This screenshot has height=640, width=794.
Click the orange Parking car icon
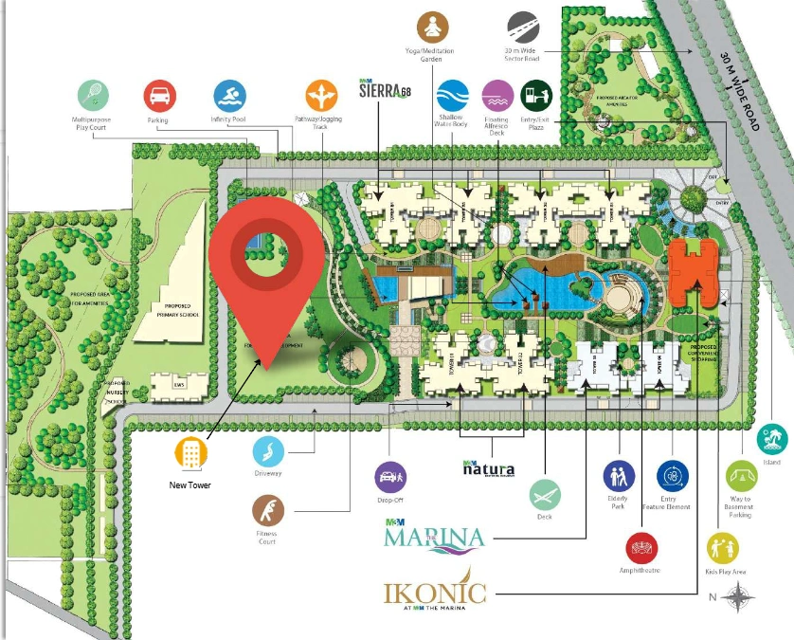pyautogui.click(x=159, y=96)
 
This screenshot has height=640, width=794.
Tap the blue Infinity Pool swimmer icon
pyautogui.click(x=229, y=96)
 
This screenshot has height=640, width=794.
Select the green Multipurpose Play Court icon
pyautogui.click(x=92, y=95)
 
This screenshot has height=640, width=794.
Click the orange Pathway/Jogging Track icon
pyautogui.click(x=321, y=96)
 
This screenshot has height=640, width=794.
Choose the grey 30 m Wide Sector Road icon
pyautogui.click(x=523, y=26)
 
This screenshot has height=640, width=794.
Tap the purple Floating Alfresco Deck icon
pyautogui.click(x=497, y=96)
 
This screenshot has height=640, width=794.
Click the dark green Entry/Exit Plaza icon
pyautogui.click(x=536, y=96)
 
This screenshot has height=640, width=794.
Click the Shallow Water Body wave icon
pyautogui.click(x=452, y=96)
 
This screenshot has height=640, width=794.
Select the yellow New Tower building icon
pyautogui.click(x=191, y=453)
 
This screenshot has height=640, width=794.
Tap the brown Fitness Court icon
pyautogui.click(x=267, y=513)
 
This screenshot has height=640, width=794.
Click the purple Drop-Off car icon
pyautogui.click(x=391, y=476)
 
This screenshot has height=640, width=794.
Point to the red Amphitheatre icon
pyautogui.click(x=641, y=548)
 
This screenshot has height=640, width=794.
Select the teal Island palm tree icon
pyautogui.click(x=772, y=439)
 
